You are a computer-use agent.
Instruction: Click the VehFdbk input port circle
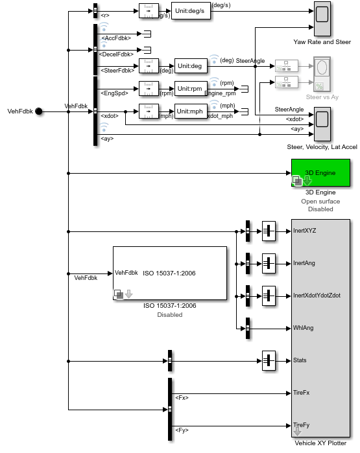[38, 111]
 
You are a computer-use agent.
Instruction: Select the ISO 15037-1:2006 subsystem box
[169, 276]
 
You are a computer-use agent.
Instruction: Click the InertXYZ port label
[305, 230]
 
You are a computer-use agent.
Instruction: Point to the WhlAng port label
[303, 328]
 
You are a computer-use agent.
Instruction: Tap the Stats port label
[300, 360]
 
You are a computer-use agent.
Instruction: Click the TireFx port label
[302, 393]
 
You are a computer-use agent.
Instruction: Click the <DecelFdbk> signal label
[118, 54]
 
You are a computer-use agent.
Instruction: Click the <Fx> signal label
[182, 397]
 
